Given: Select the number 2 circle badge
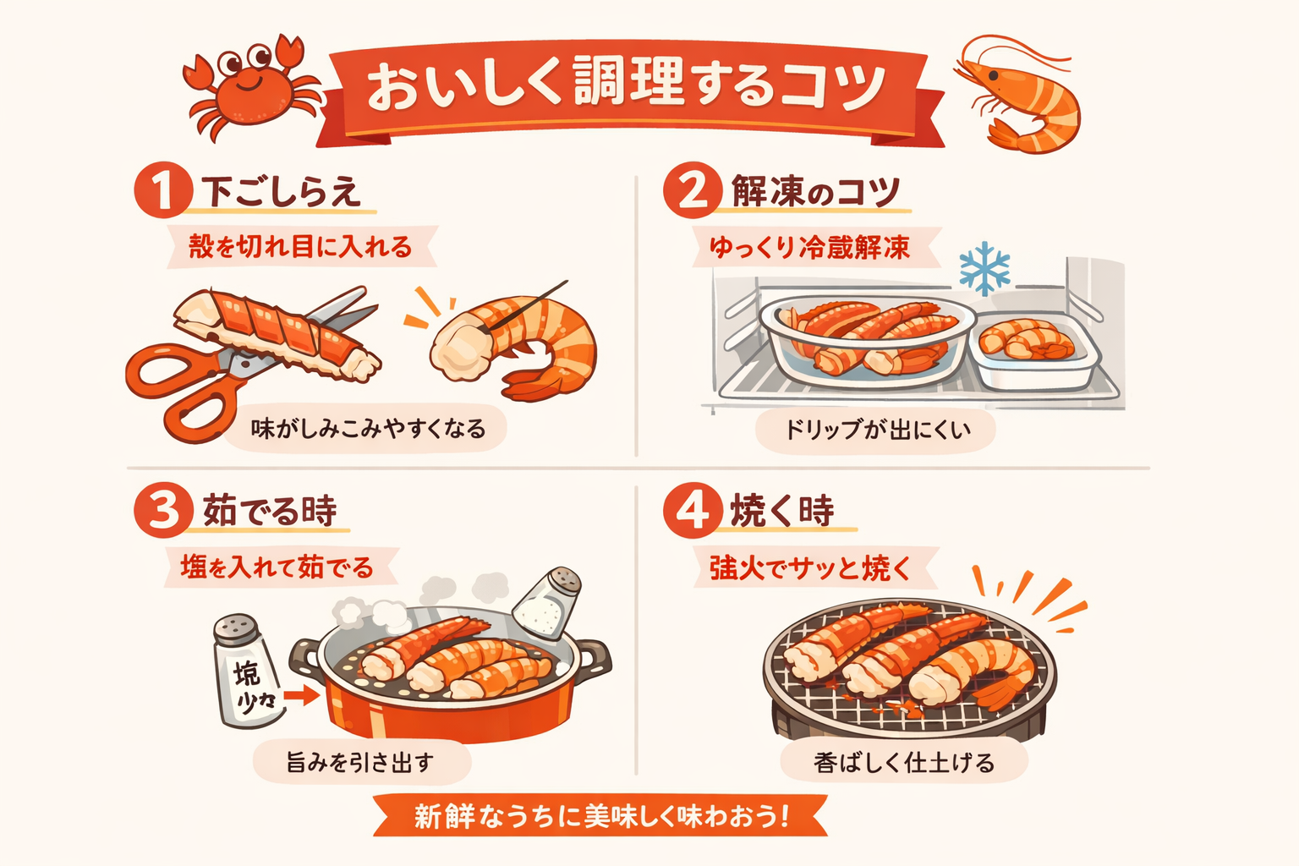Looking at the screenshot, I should click(692, 190).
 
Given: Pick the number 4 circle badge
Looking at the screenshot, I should click(692, 510).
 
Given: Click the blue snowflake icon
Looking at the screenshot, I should click(984, 268).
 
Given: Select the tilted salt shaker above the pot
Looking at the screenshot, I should click(548, 603).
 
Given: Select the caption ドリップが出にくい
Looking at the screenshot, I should click(876, 430).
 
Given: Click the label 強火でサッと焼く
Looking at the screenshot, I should click(809, 567).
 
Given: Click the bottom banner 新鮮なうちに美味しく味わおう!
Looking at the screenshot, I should click(600, 816).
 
